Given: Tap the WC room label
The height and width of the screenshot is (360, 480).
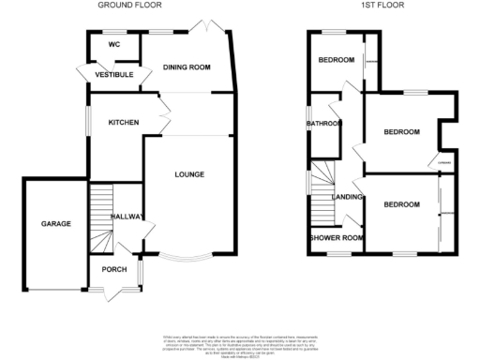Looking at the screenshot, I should pos(113,44).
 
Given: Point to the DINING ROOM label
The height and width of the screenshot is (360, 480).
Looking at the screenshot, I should pos(186,67).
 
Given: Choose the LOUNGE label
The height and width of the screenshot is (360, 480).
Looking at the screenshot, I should pos(188,174).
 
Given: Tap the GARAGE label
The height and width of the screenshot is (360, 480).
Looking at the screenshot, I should pos(55,224).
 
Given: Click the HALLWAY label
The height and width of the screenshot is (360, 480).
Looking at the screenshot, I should pos(127,217).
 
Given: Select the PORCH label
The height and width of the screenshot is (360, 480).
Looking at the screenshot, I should pos(114,272).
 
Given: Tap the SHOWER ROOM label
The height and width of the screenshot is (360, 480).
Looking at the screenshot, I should pos(336,237).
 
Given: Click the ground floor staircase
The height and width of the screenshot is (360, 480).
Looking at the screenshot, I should pos(100,210).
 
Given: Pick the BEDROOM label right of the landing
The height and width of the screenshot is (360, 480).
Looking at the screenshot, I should pos(400,203).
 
